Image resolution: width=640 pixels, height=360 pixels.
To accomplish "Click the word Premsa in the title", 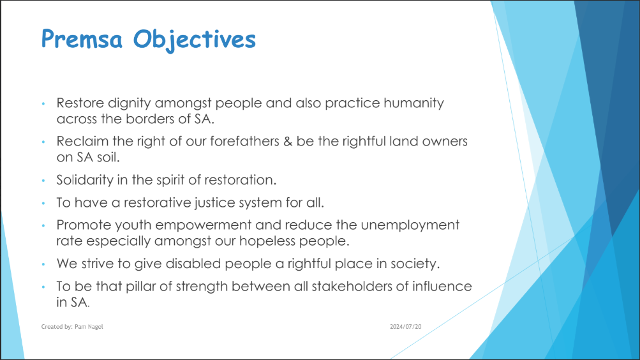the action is coord(82,39).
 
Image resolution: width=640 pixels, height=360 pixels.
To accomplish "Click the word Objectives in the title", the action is coord(195,40).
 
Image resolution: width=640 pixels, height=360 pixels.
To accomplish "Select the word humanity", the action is coord(413,103).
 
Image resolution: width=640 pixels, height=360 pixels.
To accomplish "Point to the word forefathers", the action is coord(244,141).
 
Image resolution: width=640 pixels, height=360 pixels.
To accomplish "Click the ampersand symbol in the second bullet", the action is coord(288,141).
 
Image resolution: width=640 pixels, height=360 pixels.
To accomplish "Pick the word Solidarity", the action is coord(85,180).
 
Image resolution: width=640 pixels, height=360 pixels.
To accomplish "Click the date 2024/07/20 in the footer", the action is coord(406,327).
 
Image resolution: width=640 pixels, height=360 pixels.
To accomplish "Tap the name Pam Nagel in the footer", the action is coord(89,327).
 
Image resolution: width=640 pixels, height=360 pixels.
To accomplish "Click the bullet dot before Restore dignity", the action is coord(43,103).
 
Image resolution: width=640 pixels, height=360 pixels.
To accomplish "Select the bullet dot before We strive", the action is coord(43,264).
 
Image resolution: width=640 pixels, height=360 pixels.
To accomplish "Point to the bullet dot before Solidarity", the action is coord(43,181).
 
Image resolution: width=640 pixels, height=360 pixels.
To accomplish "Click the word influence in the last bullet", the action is coord(442,286).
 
